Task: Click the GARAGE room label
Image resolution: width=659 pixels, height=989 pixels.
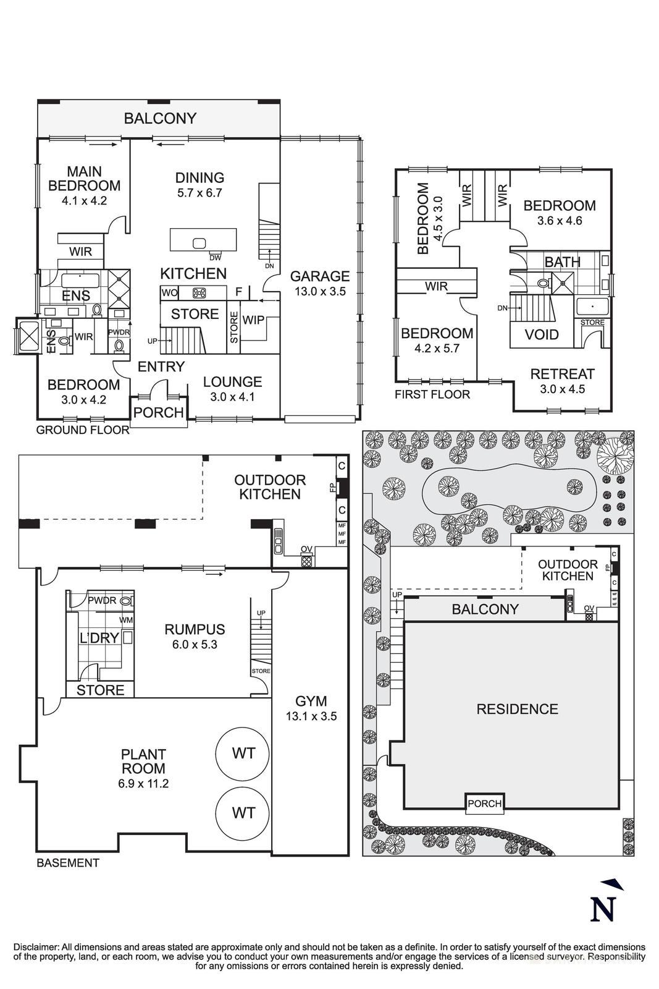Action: [x=320, y=276]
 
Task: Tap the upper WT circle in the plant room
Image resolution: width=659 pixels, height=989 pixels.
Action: [x=243, y=753]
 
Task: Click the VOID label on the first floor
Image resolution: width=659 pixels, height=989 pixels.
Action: [x=542, y=335]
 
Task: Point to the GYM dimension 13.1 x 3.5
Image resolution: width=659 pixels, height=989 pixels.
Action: [x=311, y=717]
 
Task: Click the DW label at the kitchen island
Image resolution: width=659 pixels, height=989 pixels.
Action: [x=215, y=258]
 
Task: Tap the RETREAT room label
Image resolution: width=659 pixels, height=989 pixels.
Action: [x=562, y=374]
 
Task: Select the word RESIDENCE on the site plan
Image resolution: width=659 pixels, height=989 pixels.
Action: [x=517, y=709]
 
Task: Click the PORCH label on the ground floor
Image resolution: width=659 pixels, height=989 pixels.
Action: [x=159, y=412]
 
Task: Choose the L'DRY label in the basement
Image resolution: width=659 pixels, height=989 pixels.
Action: [x=99, y=638]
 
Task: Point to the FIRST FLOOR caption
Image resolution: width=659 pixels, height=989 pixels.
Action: [x=432, y=394]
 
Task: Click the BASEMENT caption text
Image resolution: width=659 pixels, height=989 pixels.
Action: [x=68, y=863]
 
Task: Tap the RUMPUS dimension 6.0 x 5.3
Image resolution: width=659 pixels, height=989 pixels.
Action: [x=195, y=644]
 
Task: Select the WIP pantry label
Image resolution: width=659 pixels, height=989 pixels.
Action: [x=253, y=320]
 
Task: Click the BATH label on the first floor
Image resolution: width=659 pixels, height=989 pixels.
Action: [x=562, y=262]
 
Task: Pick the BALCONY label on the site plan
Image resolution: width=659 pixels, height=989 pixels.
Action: [x=485, y=609]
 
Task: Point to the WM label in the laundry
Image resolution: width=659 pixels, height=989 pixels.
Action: [x=126, y=619]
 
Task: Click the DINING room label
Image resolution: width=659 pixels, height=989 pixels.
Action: [x=199, y=178]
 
